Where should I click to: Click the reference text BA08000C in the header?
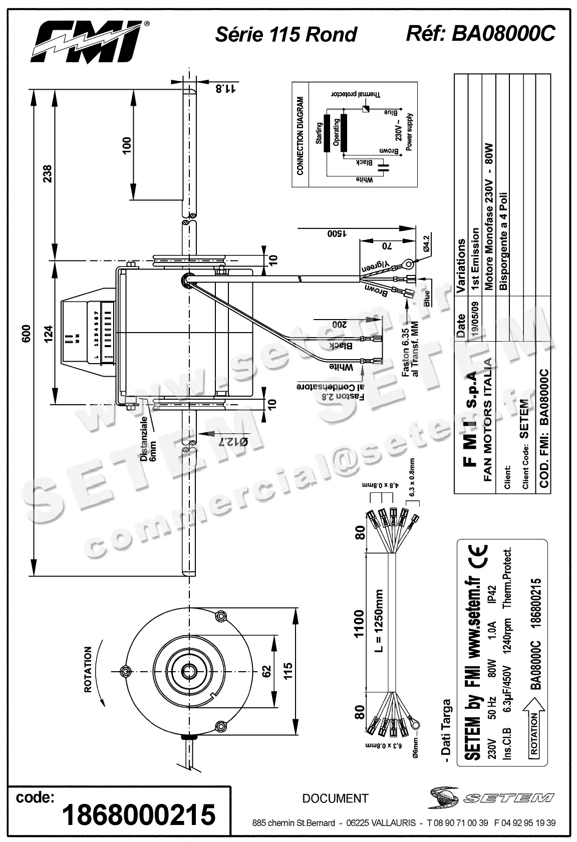tap(503, 34)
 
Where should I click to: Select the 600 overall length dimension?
tap(27, 334)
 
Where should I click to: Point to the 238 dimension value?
tap(47, 174)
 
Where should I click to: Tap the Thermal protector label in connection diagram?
tap(356, 94)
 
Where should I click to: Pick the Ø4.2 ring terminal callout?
tap(427, 243)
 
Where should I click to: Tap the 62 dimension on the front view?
tap(266, 671)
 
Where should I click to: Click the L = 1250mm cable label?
tap(380, 621)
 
